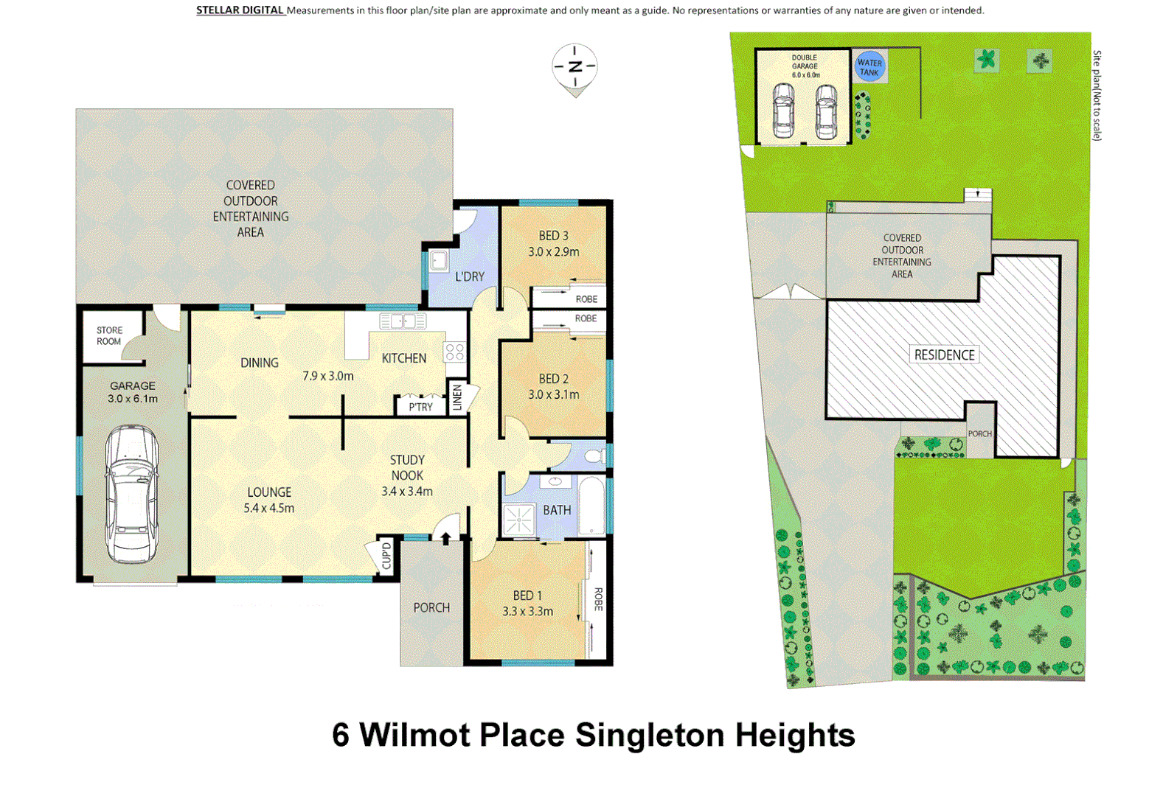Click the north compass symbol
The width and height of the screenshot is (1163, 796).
[574, 68]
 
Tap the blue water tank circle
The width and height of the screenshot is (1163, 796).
[869, 66]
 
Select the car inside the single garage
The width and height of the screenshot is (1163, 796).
[132, 493]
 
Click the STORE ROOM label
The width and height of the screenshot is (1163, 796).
[109, 335]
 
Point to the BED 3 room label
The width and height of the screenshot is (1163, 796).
[553, 236]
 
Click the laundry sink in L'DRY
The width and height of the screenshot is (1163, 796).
[439, 260]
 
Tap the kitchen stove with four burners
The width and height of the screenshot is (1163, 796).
[454, 352]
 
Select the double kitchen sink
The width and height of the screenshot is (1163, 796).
[403, 321]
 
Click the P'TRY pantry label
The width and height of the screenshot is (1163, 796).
[420, 407]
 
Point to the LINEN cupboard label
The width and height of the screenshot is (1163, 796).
[457, 397]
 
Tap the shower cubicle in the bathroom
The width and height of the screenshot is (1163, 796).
[519, 520]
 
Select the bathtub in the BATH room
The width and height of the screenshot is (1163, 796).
[592, 506]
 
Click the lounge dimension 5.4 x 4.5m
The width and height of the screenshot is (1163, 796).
[269, 508]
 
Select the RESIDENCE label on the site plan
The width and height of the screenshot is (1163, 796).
[944, 355]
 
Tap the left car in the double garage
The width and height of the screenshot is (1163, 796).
[783, 111]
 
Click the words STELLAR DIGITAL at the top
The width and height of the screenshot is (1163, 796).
[240, 10]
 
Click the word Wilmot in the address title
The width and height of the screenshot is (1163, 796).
[414, 735]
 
